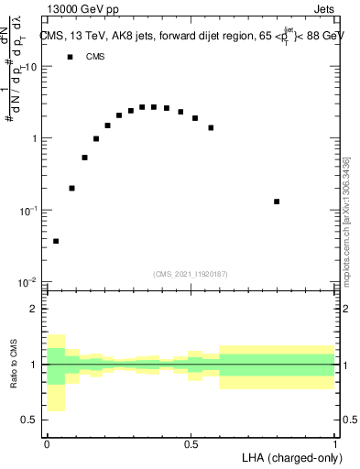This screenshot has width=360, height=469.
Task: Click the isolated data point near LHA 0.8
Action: coord(277,202)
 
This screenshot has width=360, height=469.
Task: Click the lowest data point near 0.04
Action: coord(56,241)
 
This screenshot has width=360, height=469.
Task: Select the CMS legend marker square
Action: coord(70,57)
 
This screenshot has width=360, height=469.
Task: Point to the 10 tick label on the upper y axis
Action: coord(31,68)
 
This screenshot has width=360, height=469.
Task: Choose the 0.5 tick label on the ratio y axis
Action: coord(31,420)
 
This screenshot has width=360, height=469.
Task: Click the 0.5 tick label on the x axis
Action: coord(191,444)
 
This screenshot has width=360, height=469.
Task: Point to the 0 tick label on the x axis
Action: coord(47,444)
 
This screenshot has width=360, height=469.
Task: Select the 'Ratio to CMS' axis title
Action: coord(13,365)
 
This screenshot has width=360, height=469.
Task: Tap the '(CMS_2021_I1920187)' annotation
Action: coord(191,274)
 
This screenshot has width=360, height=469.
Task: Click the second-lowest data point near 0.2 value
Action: coord(72,188)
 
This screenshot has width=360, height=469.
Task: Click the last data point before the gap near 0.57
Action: coord(211,127)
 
